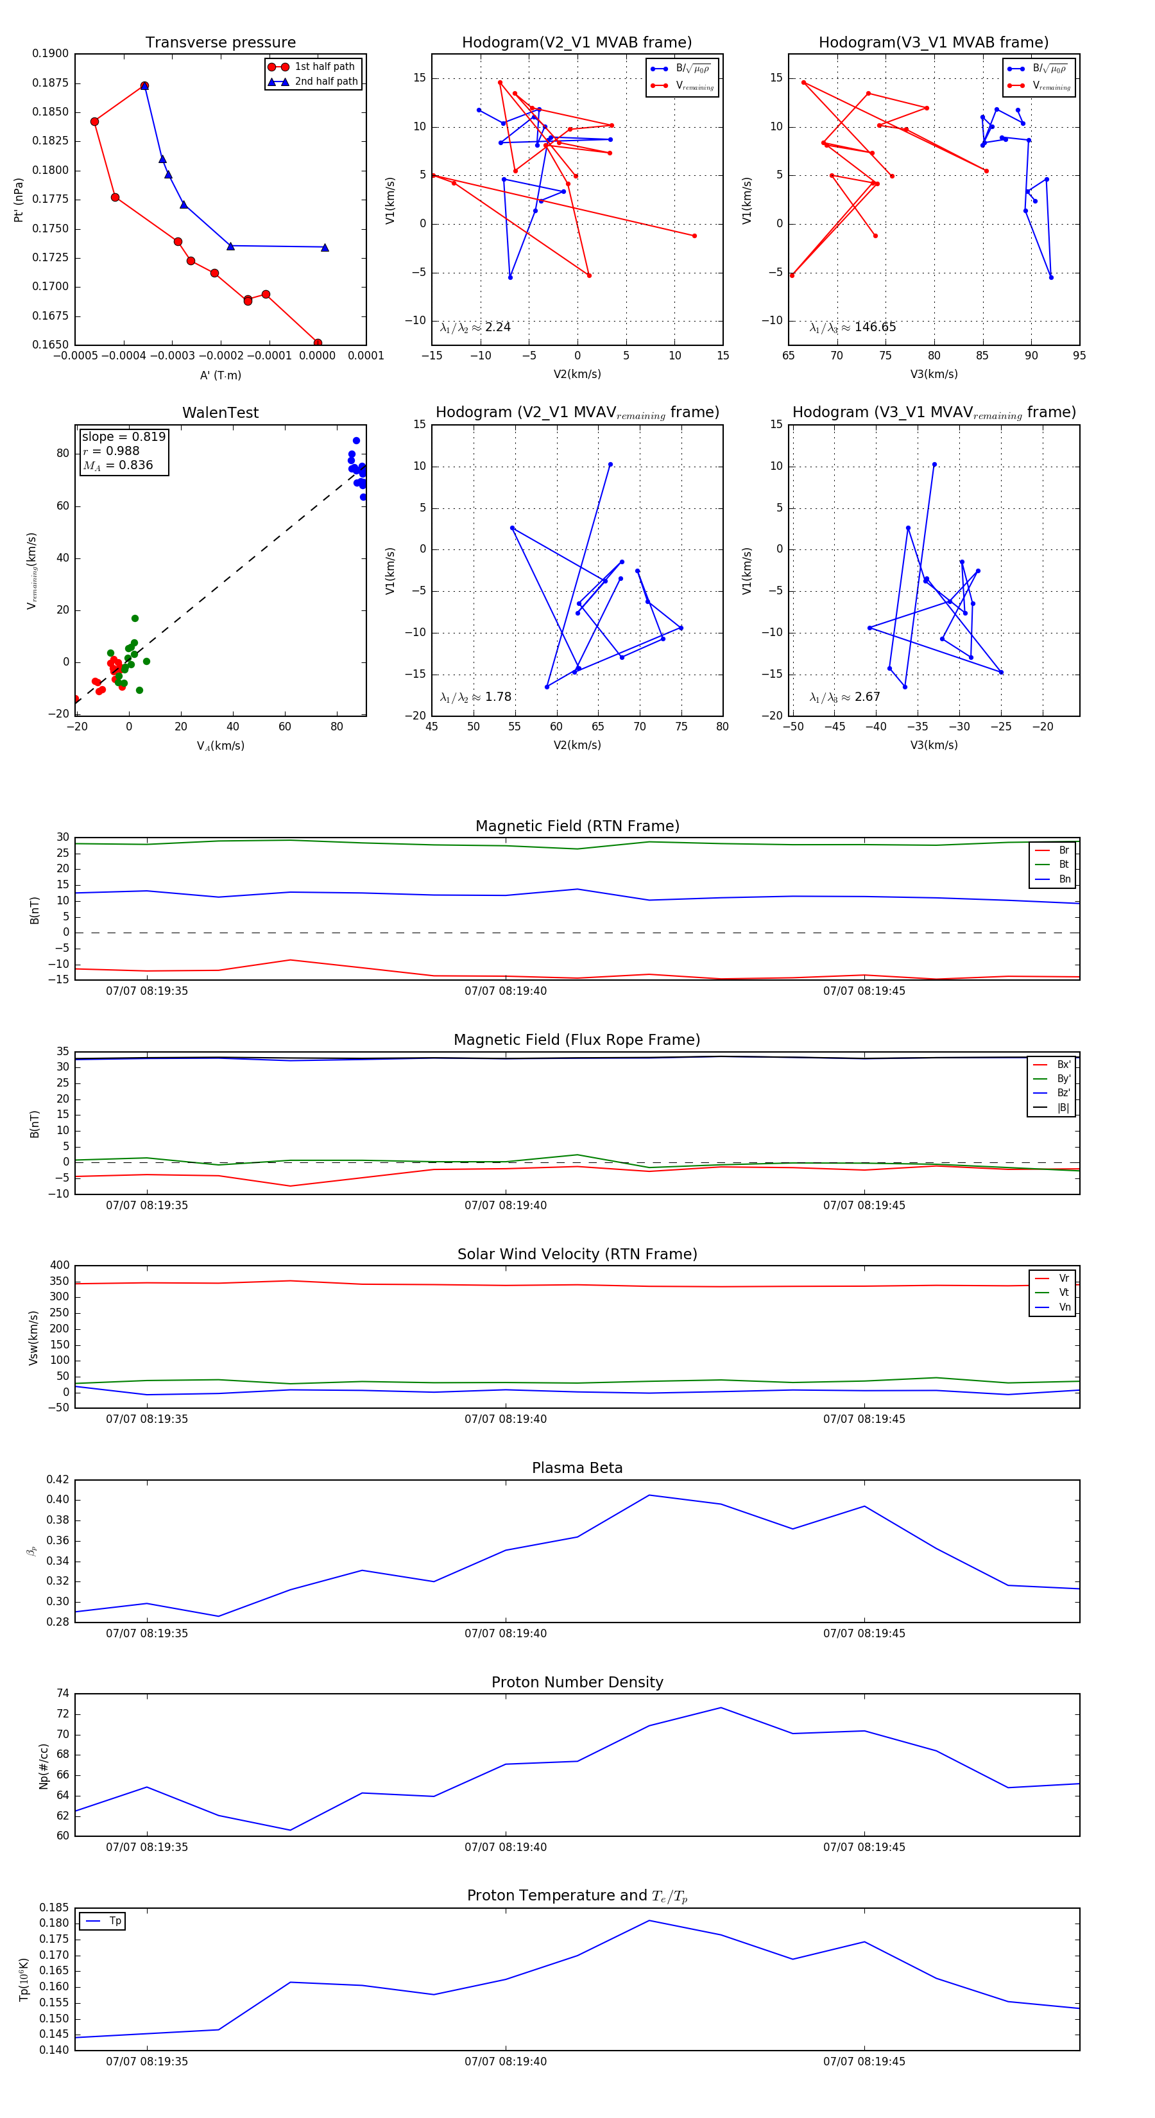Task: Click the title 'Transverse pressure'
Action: pos(220,43)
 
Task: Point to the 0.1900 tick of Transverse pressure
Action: pos(50,53)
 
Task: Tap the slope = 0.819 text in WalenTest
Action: pos(123,436)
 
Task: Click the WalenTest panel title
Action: pos(220,413)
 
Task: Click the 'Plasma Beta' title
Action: pos(577,1468)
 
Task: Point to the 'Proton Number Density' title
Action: pos(577,1682)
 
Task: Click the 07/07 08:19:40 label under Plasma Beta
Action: pos(505,1633)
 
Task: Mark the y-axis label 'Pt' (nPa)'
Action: pos(18,200)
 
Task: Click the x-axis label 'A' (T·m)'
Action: pos(220,375)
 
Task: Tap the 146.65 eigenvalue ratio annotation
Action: pos(853,327)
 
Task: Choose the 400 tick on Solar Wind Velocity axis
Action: pos(59,1266)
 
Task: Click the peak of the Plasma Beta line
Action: pos(649,1495)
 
